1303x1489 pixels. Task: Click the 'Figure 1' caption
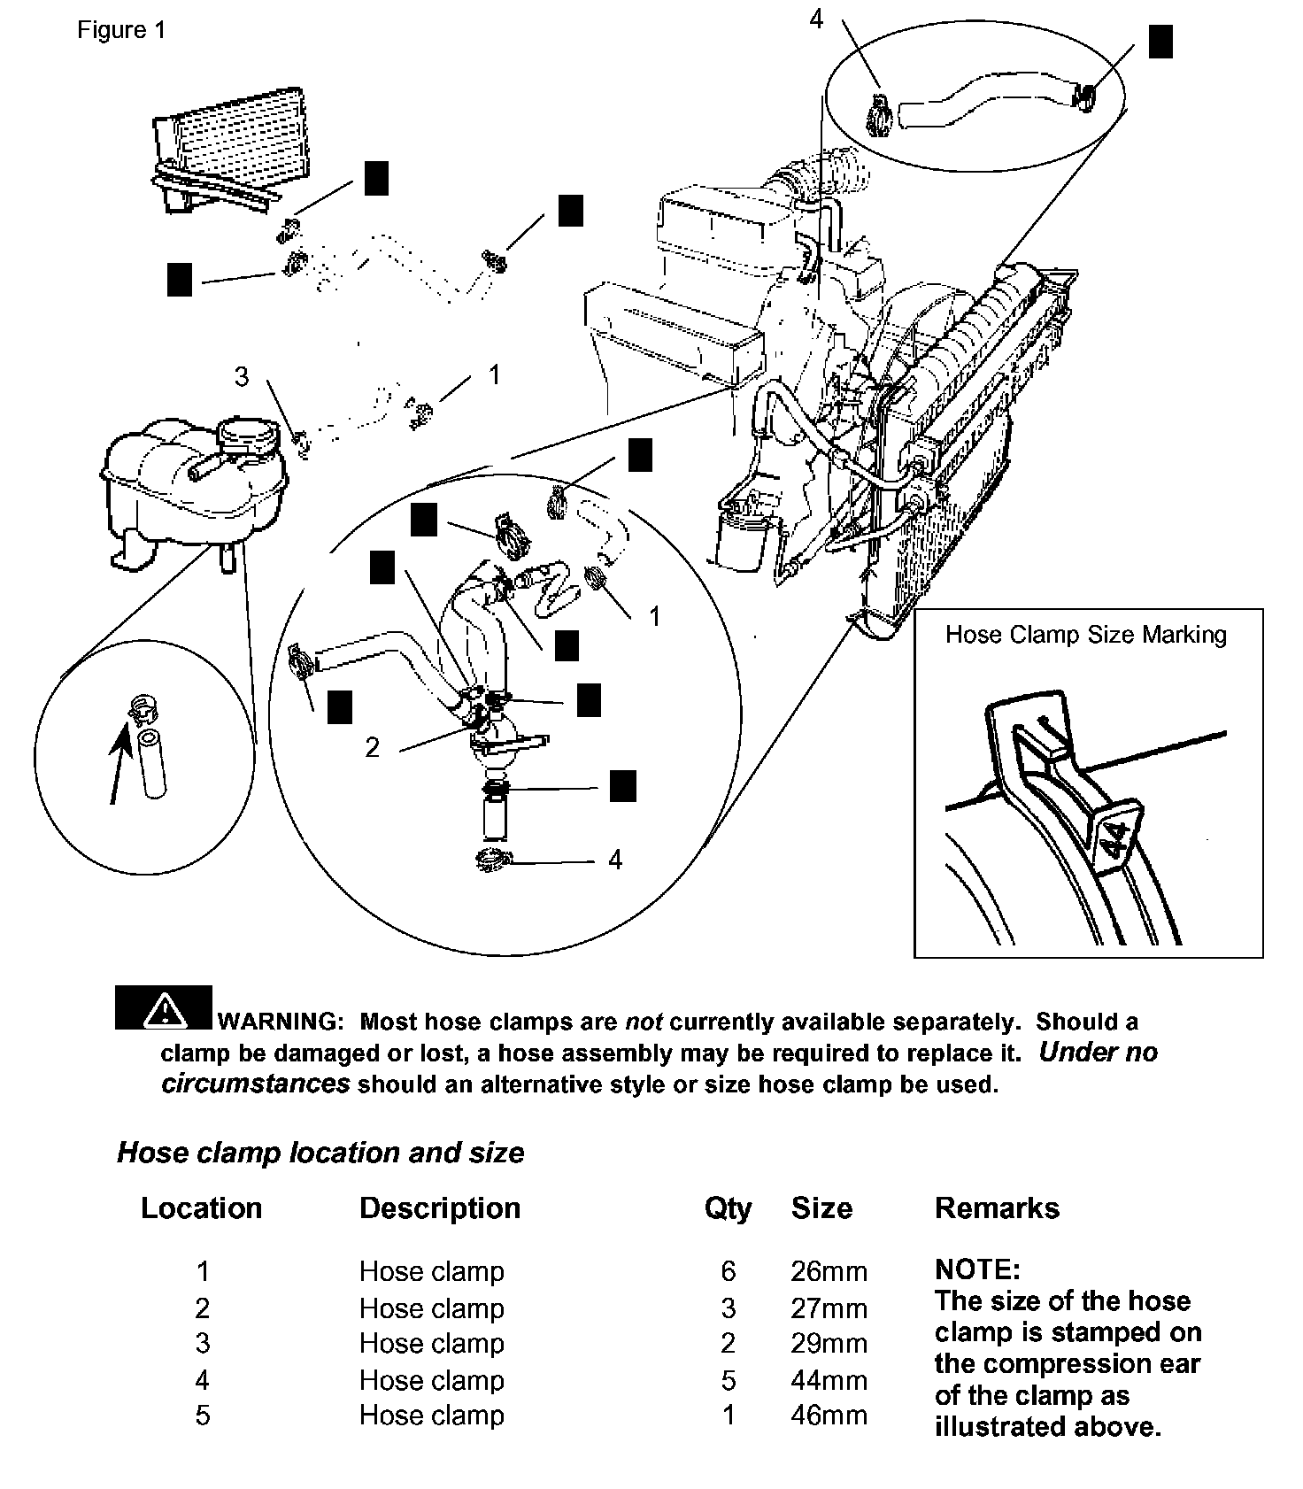(121, 30)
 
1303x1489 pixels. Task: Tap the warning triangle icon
(164, 1009)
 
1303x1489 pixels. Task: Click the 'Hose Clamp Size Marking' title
(1086, 635)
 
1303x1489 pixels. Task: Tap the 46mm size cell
(829, 1415)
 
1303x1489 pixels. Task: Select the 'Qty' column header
(728, 1208)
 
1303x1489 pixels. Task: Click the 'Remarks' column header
(997, 1208)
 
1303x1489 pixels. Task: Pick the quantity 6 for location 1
(728, 1271)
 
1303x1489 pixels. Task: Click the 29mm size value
(829, 1343)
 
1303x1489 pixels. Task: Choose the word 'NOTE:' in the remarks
(977, 1270)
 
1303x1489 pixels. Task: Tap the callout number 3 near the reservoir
(242, 377)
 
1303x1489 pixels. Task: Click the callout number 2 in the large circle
(373, 748)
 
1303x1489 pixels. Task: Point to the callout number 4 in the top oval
(816, 19)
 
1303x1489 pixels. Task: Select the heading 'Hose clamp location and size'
(320, 1153)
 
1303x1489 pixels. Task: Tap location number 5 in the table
(203, 1415)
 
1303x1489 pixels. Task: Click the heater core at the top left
(230, 146)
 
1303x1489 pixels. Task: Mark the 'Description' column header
(440, 1208)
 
